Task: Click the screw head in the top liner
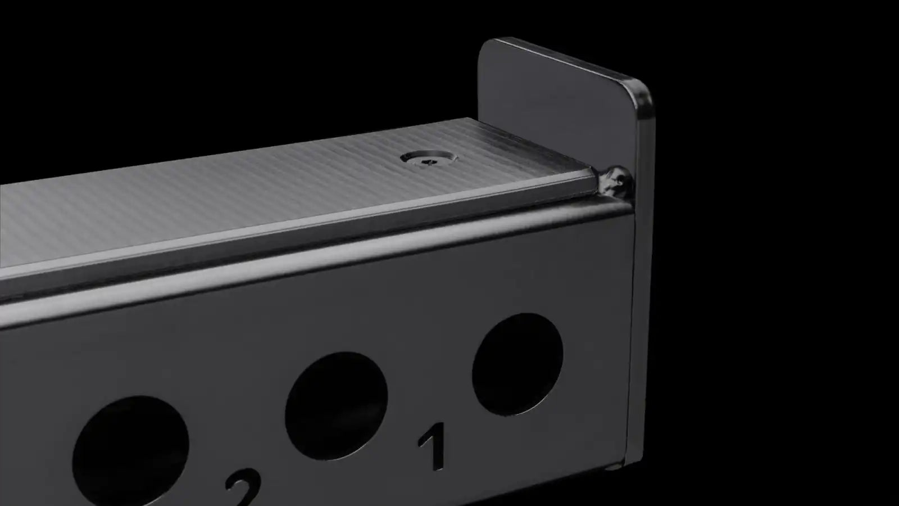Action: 429,159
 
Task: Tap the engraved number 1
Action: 433,446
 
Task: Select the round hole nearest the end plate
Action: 517,364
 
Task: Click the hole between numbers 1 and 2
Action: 337,405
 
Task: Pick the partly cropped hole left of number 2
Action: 130,450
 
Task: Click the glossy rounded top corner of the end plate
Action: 640,96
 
